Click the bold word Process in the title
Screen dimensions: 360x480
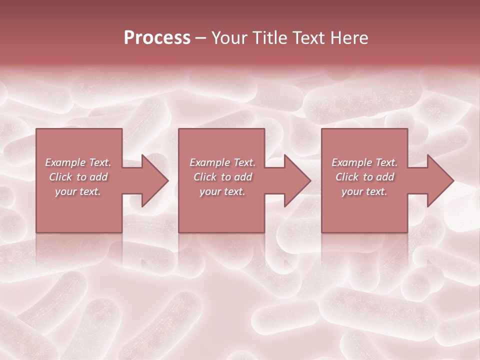tap(157, 38)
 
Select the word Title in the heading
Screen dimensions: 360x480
tap(269, 38)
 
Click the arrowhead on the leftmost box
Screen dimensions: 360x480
tap(153, 180)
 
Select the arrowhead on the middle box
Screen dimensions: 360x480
tap(296, 180)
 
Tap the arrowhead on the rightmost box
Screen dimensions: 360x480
tap(439, 180)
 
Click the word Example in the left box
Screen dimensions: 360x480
tap(65, 162)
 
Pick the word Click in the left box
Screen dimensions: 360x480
tap(60, 177)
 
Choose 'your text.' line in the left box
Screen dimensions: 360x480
tap(78, 191)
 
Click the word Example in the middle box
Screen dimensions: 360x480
tap(209, 162)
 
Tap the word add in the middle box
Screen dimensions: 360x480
tap(243, 177)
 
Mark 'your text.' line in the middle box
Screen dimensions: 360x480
tap(222, 191)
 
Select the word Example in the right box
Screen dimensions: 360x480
tap(351, 162)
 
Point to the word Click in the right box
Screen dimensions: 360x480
tap(347, 177)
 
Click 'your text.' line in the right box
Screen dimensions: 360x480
tap(364, 191)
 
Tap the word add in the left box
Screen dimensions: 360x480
tap(99, 177)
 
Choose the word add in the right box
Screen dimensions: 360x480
tap(385, 177)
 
